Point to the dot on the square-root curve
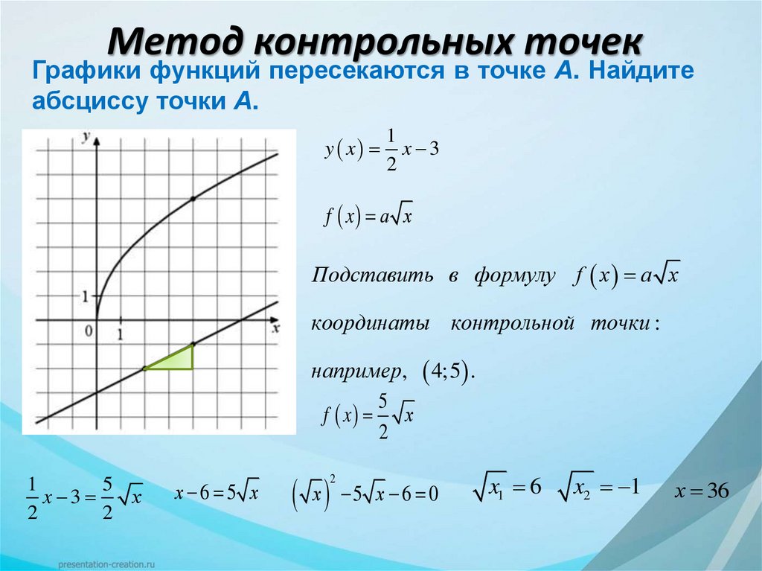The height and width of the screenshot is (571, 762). pyautogui.click(x=193, y=199)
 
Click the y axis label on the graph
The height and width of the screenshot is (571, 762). pyautogui.click(x=87, y=136)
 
